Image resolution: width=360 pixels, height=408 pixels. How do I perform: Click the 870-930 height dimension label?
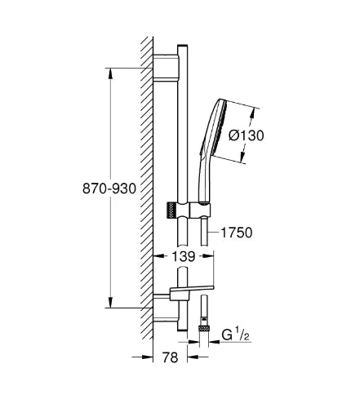109,188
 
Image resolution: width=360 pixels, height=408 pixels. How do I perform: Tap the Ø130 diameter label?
247,135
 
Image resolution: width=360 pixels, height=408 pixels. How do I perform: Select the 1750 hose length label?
236,233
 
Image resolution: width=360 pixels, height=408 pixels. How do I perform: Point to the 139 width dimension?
184,256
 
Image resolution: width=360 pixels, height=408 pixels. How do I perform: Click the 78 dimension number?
170,357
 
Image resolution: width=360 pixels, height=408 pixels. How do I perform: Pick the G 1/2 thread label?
235,335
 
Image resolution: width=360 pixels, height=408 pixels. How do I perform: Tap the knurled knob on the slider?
171,210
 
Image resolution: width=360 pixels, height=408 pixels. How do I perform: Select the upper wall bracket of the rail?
166,67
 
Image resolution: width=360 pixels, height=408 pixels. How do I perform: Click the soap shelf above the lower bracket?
192,290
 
